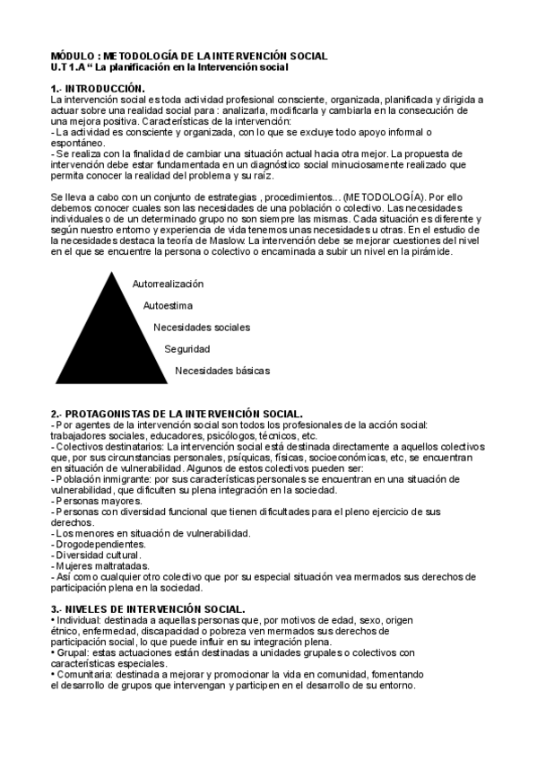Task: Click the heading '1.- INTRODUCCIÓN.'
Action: tap(99, 88)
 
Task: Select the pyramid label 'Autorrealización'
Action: tap(168, 284)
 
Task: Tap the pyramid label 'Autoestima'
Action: tap(173, 305)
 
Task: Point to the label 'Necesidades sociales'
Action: tap(202, 327)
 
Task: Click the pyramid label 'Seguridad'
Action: tap(187, 348)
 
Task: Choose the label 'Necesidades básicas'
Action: tap(222, 370)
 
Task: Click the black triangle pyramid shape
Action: tap(113, 341)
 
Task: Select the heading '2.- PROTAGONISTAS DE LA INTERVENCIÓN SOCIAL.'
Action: tap(176, 414)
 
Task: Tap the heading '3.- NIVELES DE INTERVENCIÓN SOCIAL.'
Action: tap(148, 609)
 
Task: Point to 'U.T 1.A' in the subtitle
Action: tap(68, 67)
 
